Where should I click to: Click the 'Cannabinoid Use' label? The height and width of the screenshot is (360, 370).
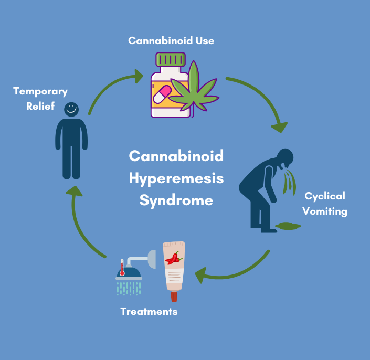pyautogui.click(x=171, y=40)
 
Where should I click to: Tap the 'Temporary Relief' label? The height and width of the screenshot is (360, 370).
pyautogui.click(x=40, y=98)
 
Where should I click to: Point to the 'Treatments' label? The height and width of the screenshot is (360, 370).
pyautogui.click(x=149, y=311)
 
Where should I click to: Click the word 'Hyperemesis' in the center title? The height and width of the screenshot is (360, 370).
pyautogui.click(x=176, y=178)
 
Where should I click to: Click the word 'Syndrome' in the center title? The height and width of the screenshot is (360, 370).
pyautogui.click(x=176, y=200)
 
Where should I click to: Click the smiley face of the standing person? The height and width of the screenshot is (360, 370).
pyautogui.click(x=71, y=109)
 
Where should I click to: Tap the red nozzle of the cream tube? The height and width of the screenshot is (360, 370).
pyautogui.click(x=174, y=297)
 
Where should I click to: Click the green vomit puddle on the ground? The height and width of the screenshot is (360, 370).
pyautogui.click(x=288, y=226)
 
